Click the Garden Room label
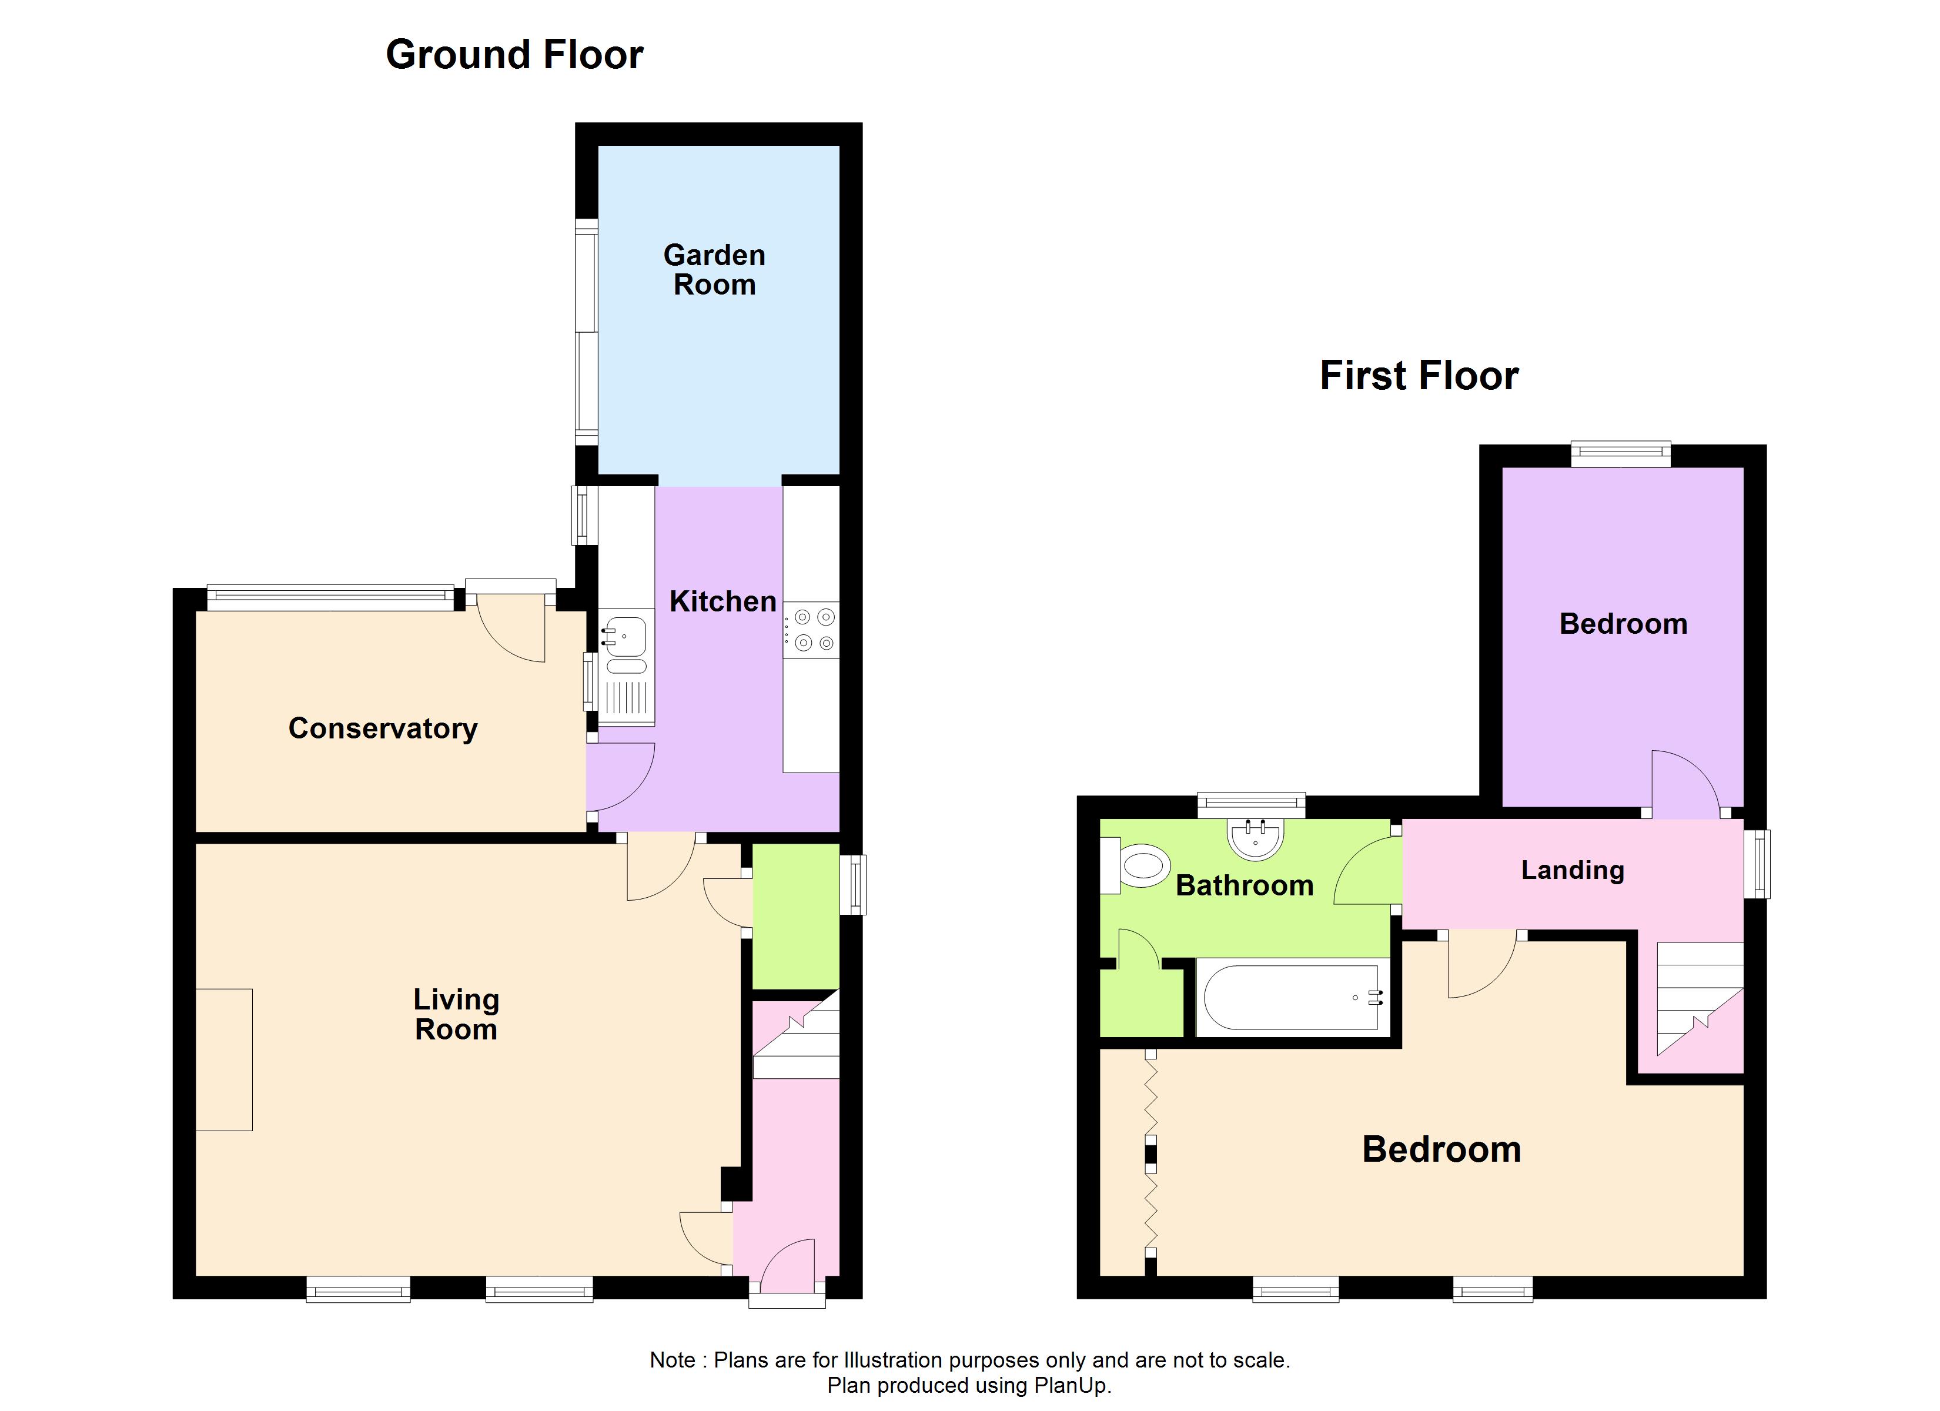pos(714,269)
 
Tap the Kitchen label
pos(723,601)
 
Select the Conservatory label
pos(382,728)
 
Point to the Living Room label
pos(456,1014)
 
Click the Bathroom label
pos(1245,885)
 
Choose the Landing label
pos(1572,870)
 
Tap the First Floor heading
pos(1419,376)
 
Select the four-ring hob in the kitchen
pos(811,630)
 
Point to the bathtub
pos(1293,998)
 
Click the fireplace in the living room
pos(224,1059)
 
